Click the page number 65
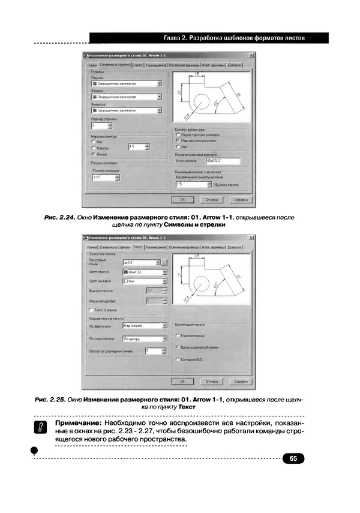tap(293, 458)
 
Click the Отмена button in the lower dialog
tap(211, 380)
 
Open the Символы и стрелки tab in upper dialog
tap(115, 64)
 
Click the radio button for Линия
tap(94, 154)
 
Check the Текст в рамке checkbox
tap(91, 310)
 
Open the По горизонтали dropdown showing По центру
tap(143, 338)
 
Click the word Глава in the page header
tap(165, 38)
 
